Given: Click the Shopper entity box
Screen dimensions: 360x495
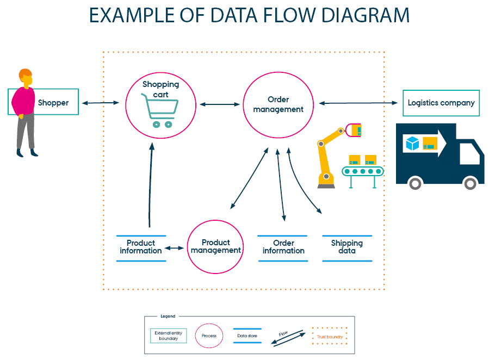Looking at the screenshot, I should tap(53, 102).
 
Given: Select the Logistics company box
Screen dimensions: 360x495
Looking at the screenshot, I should tap(441, 103).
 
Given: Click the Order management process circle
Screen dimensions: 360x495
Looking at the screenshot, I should tap(278, 104).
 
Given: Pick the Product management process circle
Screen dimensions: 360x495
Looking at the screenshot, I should tap(215, 246).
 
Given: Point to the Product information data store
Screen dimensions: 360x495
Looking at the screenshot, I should tap(141, 247).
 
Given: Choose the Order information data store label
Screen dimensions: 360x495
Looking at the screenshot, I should tap(283, 247).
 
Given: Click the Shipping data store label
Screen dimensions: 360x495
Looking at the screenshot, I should tap(347, 247).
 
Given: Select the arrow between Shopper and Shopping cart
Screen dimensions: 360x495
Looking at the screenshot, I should tap(101, 102).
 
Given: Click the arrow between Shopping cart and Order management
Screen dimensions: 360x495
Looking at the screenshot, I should tap(220, 104).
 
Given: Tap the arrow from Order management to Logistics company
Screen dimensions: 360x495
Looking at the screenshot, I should tap(358, 102).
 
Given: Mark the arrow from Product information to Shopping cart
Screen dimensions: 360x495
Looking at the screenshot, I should tap(150, 185).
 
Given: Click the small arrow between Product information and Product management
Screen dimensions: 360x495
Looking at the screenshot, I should tap(175, 248).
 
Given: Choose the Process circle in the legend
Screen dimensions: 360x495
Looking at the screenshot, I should tap(209, 336).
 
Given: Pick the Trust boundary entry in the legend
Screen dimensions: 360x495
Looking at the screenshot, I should tap(330, 337).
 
